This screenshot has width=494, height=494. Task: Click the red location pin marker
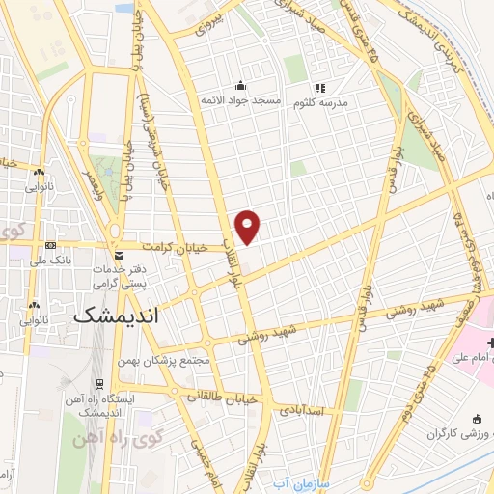(x=249, y=225)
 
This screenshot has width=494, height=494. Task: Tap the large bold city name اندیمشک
(x=116, y=316)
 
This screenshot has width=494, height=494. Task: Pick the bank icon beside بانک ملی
(x=50, y=245)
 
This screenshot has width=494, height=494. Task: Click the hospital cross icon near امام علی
(x=491, y=343)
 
